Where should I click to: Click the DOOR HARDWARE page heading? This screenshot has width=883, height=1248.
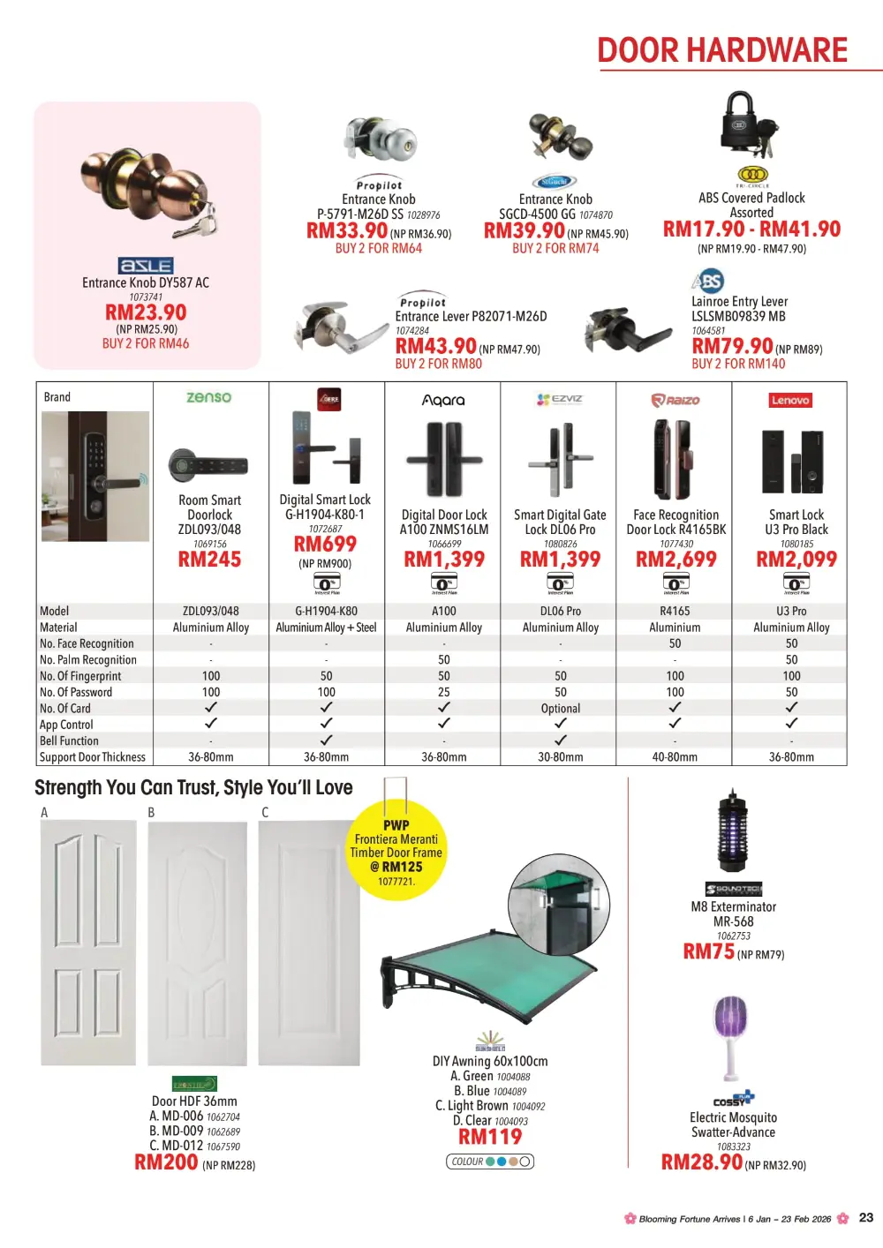pos(722,51)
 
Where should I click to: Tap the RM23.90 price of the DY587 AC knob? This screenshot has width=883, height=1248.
pos(146,312)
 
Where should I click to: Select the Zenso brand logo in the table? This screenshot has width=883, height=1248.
pos(209,398)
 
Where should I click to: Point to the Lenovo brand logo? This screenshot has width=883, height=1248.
pos(789,400)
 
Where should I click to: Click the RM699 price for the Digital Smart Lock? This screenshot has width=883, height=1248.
pos(325,544)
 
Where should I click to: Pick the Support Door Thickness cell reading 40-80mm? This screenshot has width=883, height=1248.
pos(675,757)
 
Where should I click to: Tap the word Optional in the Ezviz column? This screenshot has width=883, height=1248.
pos(561,709)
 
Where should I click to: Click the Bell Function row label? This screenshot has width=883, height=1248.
pos(69,741)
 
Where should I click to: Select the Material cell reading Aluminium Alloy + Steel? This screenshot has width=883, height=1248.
pos(326,628)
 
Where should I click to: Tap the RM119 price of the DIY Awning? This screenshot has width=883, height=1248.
pos(490,1137)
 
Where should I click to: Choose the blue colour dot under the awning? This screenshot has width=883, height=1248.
pos(502,1162)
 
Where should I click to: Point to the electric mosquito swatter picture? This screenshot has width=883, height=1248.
pos(731,1037)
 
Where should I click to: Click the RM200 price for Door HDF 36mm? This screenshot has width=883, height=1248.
pos(166,1162)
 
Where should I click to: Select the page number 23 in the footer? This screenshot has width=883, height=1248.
pos(866,1218)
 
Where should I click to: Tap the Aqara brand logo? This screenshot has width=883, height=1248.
pos(443,400)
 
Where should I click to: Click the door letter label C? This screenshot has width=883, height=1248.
pos(265,812)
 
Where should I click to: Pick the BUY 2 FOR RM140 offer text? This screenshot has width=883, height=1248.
pos(738,364)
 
